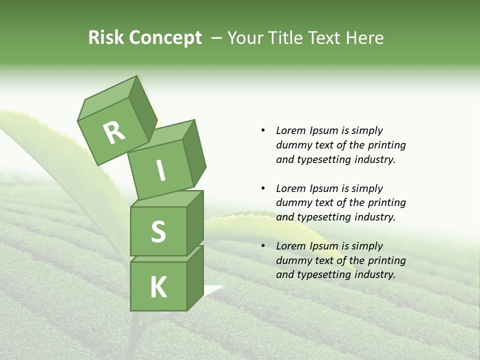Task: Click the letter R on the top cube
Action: (x=114, y=133)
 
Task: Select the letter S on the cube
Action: (x=158, y=231)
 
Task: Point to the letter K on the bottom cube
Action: (x=158, y=287)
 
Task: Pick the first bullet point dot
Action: (x=263, y=130)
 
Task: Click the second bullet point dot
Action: (x=263, y=188)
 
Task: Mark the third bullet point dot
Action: (x=263, y=246)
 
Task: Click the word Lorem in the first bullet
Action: (x=290, y=130)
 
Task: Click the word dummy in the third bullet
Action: (x=291, y=260)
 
